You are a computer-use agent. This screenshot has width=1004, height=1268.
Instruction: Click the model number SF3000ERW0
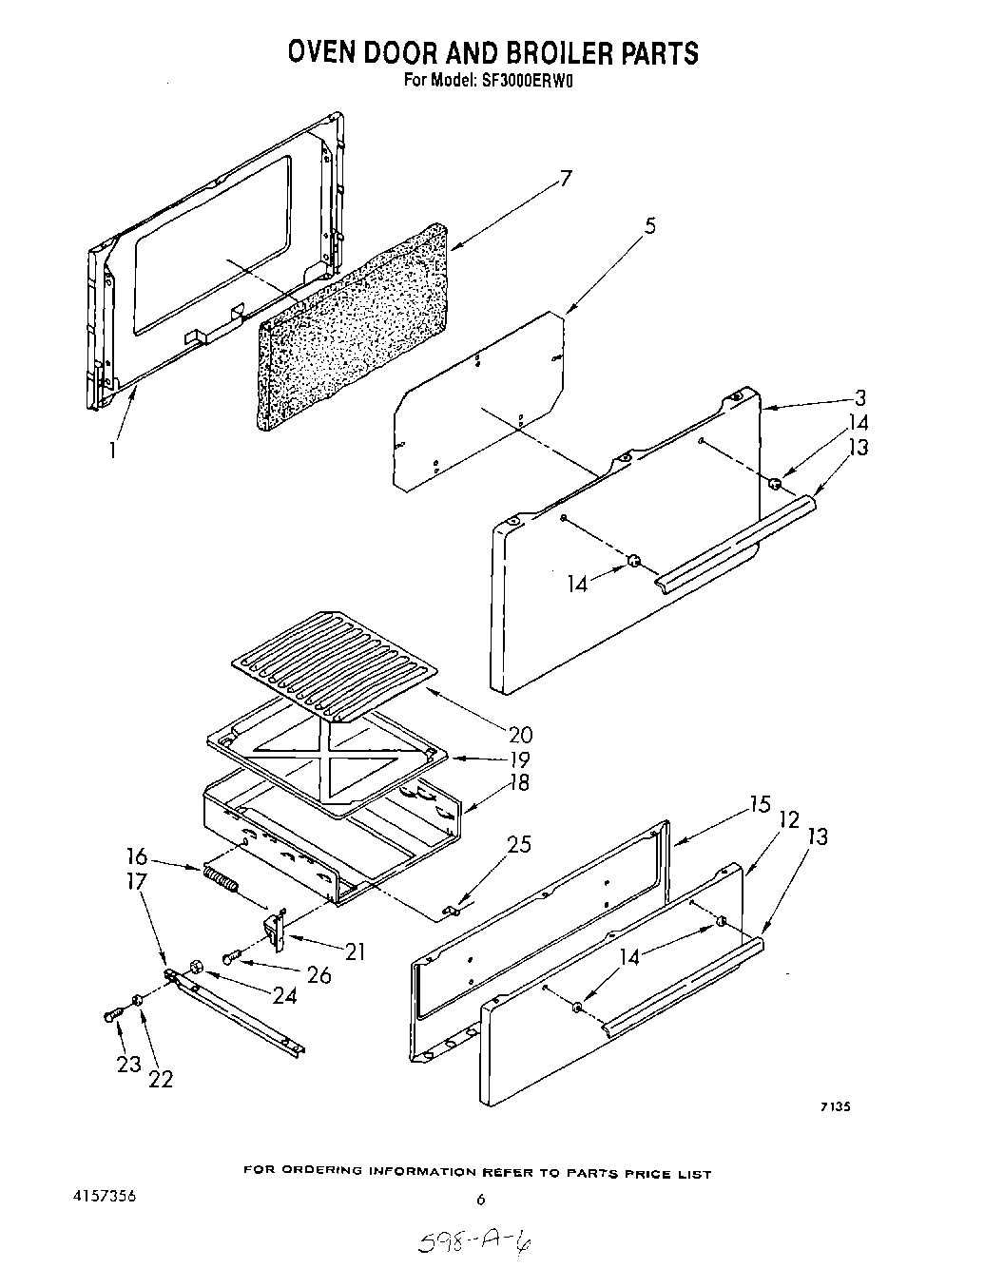(527, 81)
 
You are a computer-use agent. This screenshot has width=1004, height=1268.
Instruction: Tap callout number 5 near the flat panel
(649, 226)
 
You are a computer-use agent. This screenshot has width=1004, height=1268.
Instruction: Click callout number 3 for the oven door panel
(859, 397)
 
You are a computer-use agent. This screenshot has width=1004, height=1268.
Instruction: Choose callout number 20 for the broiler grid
(520, 735)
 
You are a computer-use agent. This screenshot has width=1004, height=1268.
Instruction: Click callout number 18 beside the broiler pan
(519, 783)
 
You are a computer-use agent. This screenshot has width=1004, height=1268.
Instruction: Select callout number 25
(518, 844)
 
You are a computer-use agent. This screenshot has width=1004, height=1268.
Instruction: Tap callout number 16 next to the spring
(137, 856)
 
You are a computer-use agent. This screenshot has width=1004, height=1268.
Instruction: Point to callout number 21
(354, 951)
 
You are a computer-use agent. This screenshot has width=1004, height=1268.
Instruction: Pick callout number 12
(788, 819)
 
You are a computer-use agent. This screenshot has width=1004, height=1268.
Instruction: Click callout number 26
(319, 974)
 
